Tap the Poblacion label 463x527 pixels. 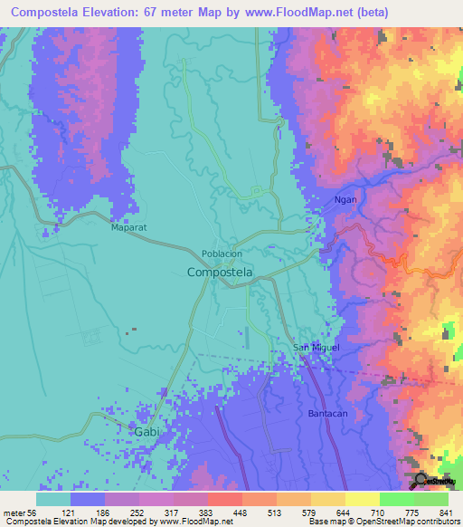tap(221, 255)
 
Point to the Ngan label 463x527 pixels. tap(345, 199)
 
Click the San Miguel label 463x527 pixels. tap(317, 348)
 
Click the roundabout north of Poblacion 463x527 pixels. tap(257, 191)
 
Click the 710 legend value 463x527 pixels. tap(363, 512)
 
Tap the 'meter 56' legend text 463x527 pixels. tap(19, 512)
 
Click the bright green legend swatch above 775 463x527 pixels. tap(396, 499)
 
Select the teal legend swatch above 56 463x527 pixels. tap(53, 499)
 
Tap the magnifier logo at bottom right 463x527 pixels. tap(420, 480)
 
